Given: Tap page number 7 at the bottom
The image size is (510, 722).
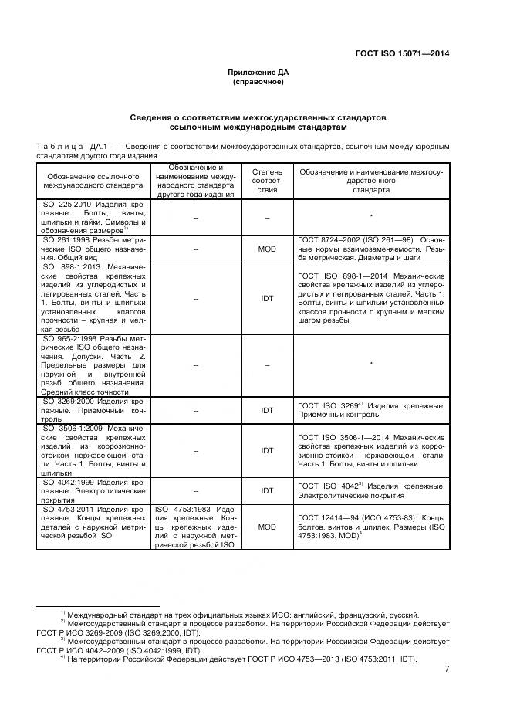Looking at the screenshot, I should click(x=447, y=669).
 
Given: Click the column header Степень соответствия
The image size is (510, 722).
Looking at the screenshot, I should click(x=267, y=180).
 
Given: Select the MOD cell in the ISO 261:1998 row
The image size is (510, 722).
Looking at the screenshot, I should click(x=267, y=249).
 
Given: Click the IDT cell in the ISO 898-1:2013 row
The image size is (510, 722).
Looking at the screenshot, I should click(x=267, y=297).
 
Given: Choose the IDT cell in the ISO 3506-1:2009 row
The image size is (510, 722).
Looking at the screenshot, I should click(x=267, y=450).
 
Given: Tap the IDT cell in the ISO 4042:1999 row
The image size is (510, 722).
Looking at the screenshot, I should click(x=267, y=490).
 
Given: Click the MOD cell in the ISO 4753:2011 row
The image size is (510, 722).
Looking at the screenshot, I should click(x=267, y=526).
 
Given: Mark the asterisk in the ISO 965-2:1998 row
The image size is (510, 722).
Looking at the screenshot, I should click(x=371, y=364).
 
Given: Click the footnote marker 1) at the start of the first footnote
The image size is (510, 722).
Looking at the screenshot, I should click(x=62, y=613).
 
